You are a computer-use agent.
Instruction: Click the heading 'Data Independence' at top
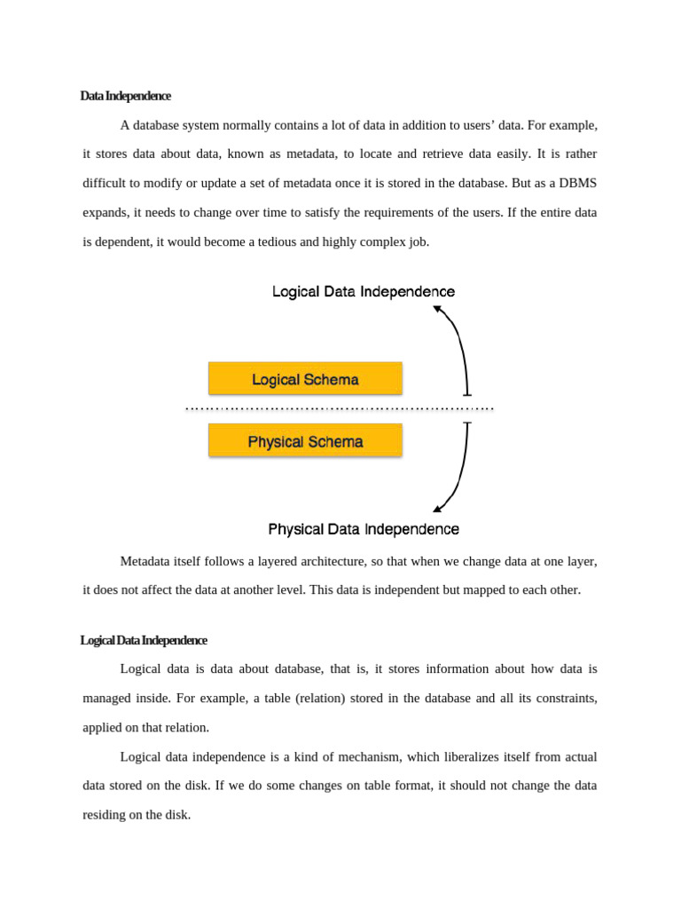[x=125, y=96]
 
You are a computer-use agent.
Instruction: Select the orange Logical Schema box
[x=305, y=379]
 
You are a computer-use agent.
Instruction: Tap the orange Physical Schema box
[x=305, y=441]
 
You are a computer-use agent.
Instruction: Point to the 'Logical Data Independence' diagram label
[x=364, y=291]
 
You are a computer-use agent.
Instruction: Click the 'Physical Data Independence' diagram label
[x=364, y=529]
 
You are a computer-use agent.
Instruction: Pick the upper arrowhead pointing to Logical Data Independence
[x=437, y=309]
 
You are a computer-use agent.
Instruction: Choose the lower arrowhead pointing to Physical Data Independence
[x=437, y=509]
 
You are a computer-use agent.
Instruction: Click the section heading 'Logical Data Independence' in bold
[x=144, y=640]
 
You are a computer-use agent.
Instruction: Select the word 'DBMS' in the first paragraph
[x=577, y=183]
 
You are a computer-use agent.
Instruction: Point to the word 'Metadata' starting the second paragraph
[x=145, y=561]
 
